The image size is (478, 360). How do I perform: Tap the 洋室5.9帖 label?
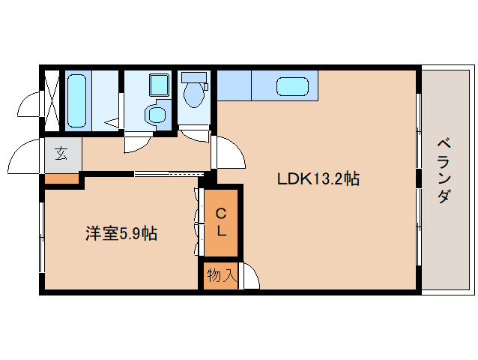tap(120, 234)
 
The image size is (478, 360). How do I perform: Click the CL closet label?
tap(221, 221)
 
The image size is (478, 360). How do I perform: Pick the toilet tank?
tap(194, 76)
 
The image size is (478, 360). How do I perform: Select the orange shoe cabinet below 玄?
tap(61, 178)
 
